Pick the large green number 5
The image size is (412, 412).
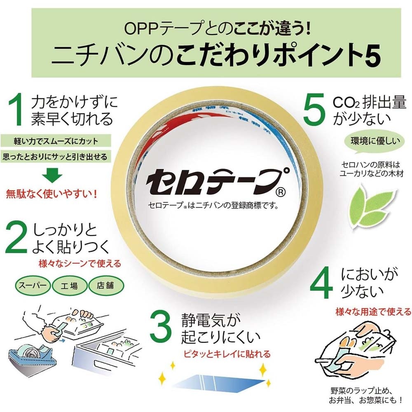(x=316, y=109)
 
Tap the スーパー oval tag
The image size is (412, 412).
(x=33, y=285)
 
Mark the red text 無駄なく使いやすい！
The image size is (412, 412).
(x=51, y=194)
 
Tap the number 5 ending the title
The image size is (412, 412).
(x=368, y=56)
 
